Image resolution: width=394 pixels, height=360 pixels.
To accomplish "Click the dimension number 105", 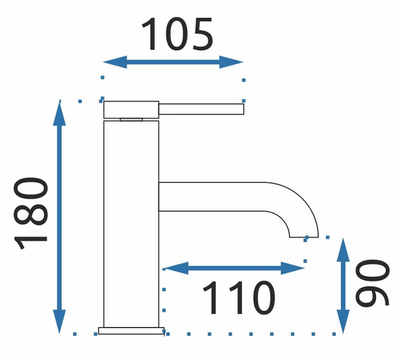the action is (x=178, y=34).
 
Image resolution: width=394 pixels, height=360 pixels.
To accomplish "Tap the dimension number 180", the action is (x=31, y=214).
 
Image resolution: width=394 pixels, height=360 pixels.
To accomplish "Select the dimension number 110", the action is (x=239, y=298).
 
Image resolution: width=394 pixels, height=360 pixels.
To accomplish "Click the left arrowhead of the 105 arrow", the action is (x=115, y=62).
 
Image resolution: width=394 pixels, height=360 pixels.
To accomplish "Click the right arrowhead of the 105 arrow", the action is (x=231, y=62).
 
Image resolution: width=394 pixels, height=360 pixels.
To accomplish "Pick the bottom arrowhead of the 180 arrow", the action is (x=59, y=321).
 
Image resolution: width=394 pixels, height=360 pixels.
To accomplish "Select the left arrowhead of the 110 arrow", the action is (x=176, y=268).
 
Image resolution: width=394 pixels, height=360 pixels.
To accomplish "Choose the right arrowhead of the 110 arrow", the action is (x=293, y=268).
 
